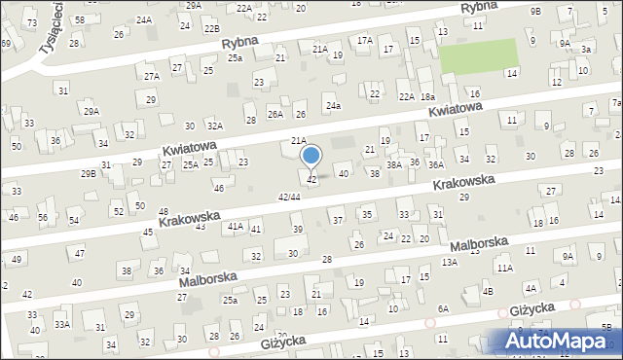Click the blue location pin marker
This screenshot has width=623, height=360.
(311, 156)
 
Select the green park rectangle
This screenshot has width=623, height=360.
(478, 55)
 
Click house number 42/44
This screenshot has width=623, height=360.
(289, 197)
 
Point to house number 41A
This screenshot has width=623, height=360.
(235, 226)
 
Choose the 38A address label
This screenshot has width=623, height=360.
(394, 165)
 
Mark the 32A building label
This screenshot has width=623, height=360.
(214, 126)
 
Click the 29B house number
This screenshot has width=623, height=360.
(89, 173)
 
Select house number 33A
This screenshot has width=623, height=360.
(62, 324)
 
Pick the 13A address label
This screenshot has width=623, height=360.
(449, 262)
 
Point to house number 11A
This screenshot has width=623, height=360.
(504, 268)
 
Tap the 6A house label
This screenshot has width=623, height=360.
(443, 308)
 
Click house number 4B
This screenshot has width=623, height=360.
(488, 291)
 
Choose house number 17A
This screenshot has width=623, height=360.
(365, 41)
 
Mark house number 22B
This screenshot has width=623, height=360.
(212, 29)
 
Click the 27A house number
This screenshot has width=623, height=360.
(152, 76)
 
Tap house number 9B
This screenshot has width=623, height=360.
(535, 11)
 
